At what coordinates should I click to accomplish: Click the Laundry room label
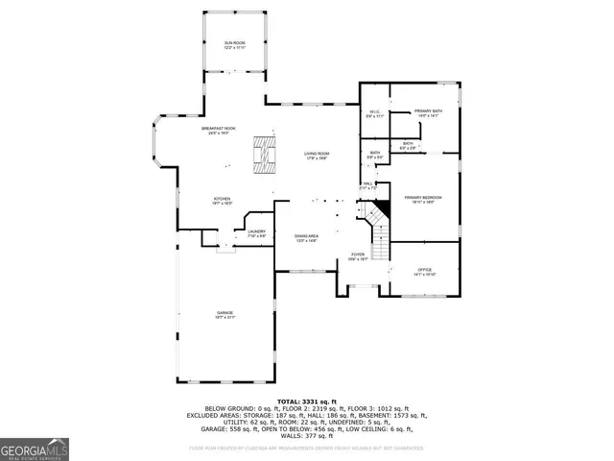point(256,232)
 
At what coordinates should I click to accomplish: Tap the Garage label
point(224,314)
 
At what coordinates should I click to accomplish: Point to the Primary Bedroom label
point(422,199)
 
